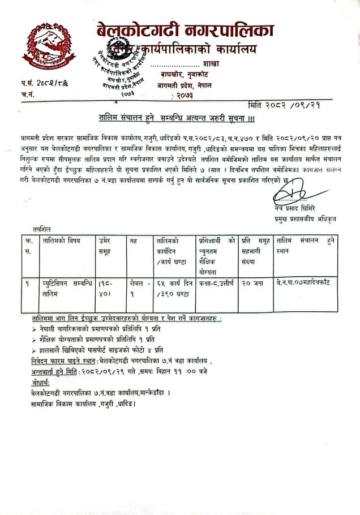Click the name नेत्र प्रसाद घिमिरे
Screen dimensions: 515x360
click(294, 208)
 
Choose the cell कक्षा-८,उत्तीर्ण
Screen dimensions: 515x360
click(216, 281)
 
